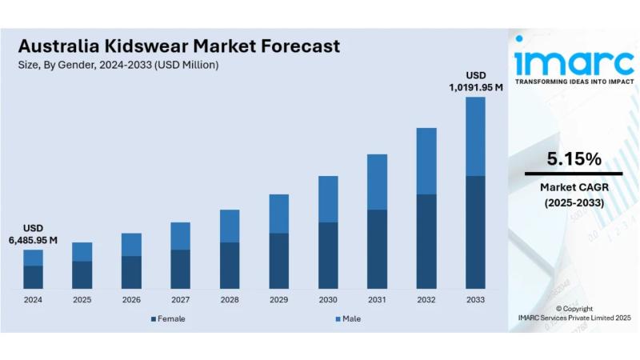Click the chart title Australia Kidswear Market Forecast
pos(178,46)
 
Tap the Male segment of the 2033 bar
pos(475,136)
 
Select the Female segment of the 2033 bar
pos(475,232)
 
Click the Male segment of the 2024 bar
pos(33,258)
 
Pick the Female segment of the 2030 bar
pos(328,255)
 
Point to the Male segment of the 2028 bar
pos(230,226)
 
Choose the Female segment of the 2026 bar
pos(131,272)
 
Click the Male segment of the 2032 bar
pos(426,161)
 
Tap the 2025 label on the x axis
pos(82,300)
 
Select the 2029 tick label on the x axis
pos(278,300)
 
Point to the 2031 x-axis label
pos(377,300)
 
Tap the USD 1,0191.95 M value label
pos(475,82)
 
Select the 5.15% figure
pos(573,159)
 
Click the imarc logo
pos(573,60)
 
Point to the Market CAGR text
pos(573,187)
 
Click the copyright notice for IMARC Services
pos(573,313)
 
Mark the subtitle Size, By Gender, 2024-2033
pos(118,65)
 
